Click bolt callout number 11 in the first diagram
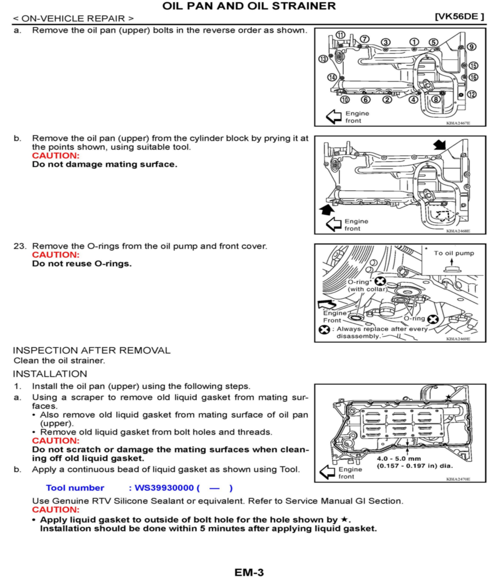[x=340, y=35]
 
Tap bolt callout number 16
[x=473, y=77]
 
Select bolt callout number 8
[x=436, y=99]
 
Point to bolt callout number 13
[x=323, y=59]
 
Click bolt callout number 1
[x=414, y=42]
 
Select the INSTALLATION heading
[x=50, y=374]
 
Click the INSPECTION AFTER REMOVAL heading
[x=92, y=350]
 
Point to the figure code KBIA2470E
[x=458, y=479]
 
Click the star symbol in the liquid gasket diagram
[x=448, y=397]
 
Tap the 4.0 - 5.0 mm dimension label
[x=399, y=458]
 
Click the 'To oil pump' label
[x=454, y=253]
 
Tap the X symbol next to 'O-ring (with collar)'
[x=380, y=282]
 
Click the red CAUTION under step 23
[x=56, y=255]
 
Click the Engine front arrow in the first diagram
[x=334, y=117]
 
